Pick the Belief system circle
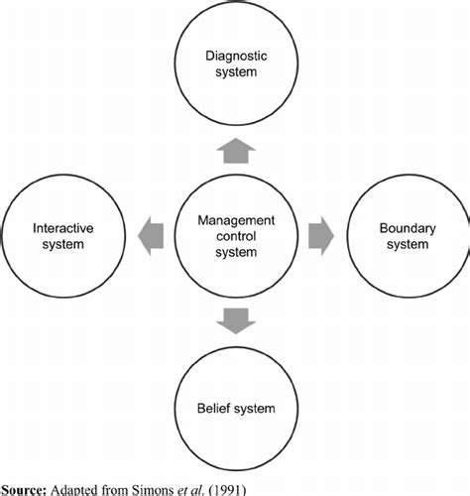click(x=235, y=407)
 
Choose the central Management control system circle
click(x=235, y=236)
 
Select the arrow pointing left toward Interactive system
click(x=150, y=236)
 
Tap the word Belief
click(x=215, y=407)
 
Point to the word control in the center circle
click(x=235, y=236)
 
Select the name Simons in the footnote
click(x=159, y=487)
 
